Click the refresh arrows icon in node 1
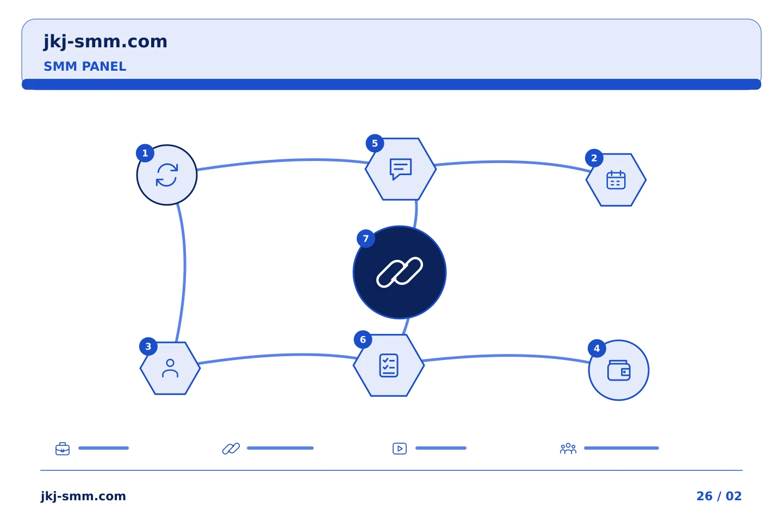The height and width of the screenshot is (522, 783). pos(167,175)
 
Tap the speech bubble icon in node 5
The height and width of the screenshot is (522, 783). pos(401,169)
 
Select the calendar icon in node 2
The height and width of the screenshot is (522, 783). pos(616,180)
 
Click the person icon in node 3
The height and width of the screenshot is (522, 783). pos(170,368)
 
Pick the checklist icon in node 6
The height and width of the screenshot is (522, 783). pos(389,365)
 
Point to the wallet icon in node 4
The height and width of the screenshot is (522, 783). pos(619,370)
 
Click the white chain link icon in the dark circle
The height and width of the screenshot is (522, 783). pos(400,272)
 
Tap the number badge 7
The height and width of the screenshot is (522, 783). pos(365,239)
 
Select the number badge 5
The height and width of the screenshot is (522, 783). pos(375,144)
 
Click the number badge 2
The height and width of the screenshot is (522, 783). pos(594,158)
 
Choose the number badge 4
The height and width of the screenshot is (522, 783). pos(596,349)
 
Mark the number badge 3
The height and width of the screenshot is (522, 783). pos(148,346)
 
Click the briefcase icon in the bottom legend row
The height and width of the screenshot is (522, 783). pos(63,449)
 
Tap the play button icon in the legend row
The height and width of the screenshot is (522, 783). pos(400,449)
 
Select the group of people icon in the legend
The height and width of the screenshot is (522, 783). pos(568,449)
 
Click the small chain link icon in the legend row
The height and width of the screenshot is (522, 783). pos(231,449)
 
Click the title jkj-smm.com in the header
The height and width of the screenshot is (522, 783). pos(105,42)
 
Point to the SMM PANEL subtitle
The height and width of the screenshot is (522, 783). pos(85,66)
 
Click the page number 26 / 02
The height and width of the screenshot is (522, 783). pos(719,496)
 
